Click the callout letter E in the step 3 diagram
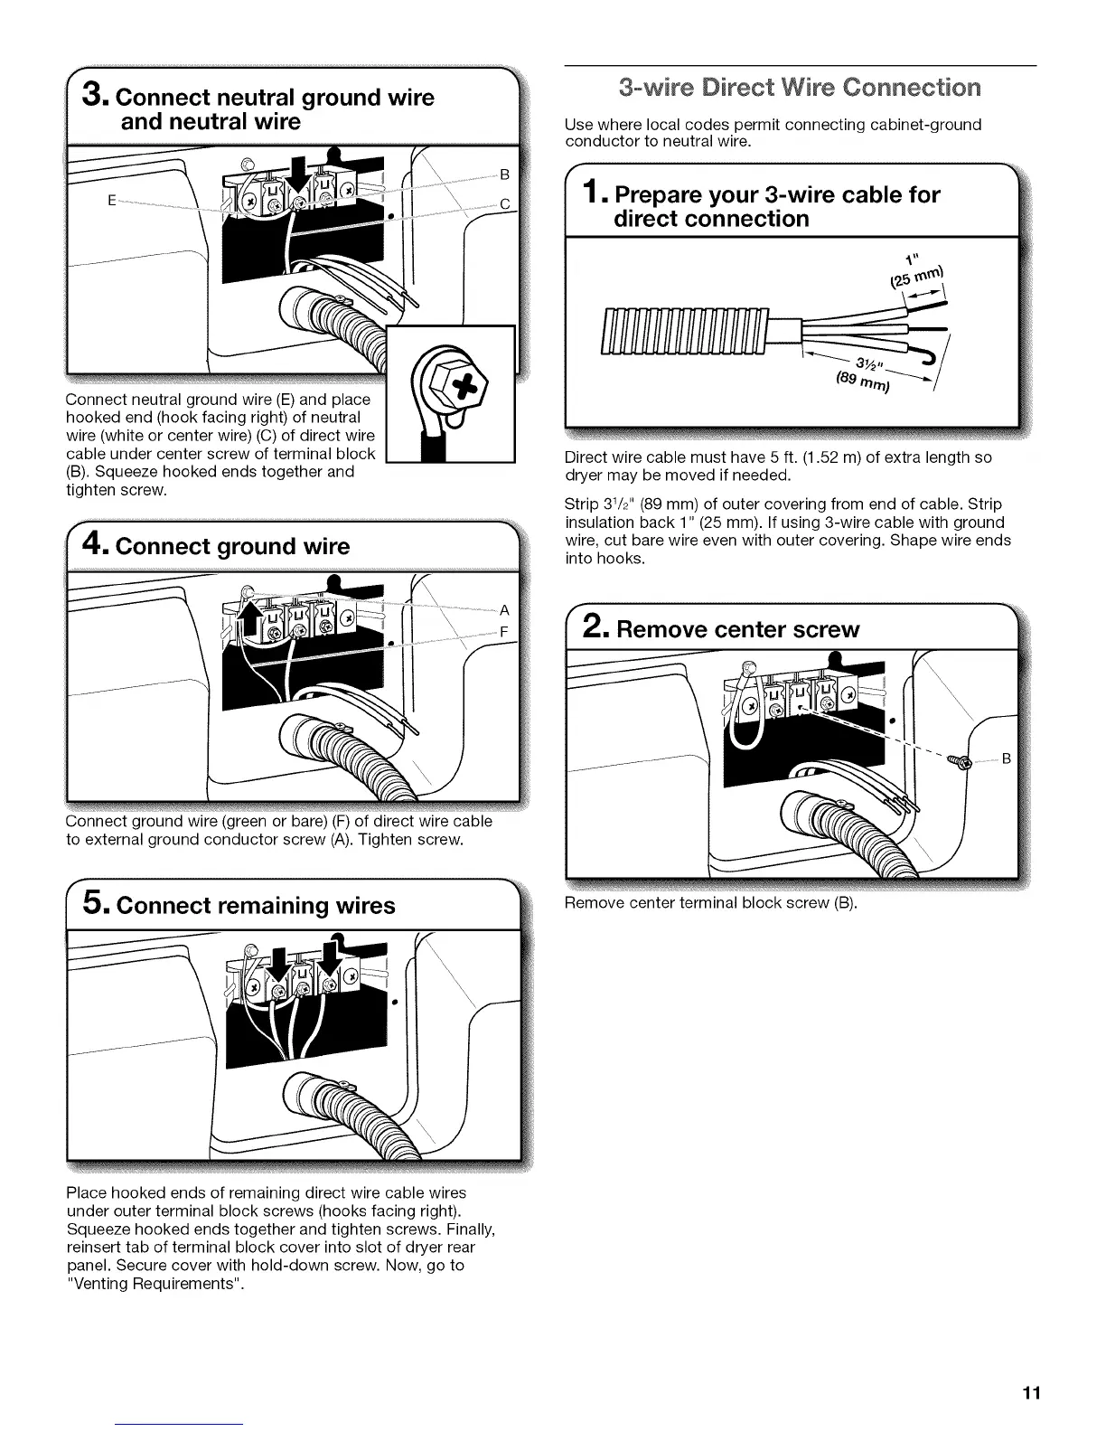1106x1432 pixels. (110, 201)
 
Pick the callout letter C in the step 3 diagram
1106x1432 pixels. (505, 205)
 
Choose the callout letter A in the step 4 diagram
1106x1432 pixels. (504, 610)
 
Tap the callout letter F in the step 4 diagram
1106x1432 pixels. (504, 632)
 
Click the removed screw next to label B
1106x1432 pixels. (961, 761)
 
